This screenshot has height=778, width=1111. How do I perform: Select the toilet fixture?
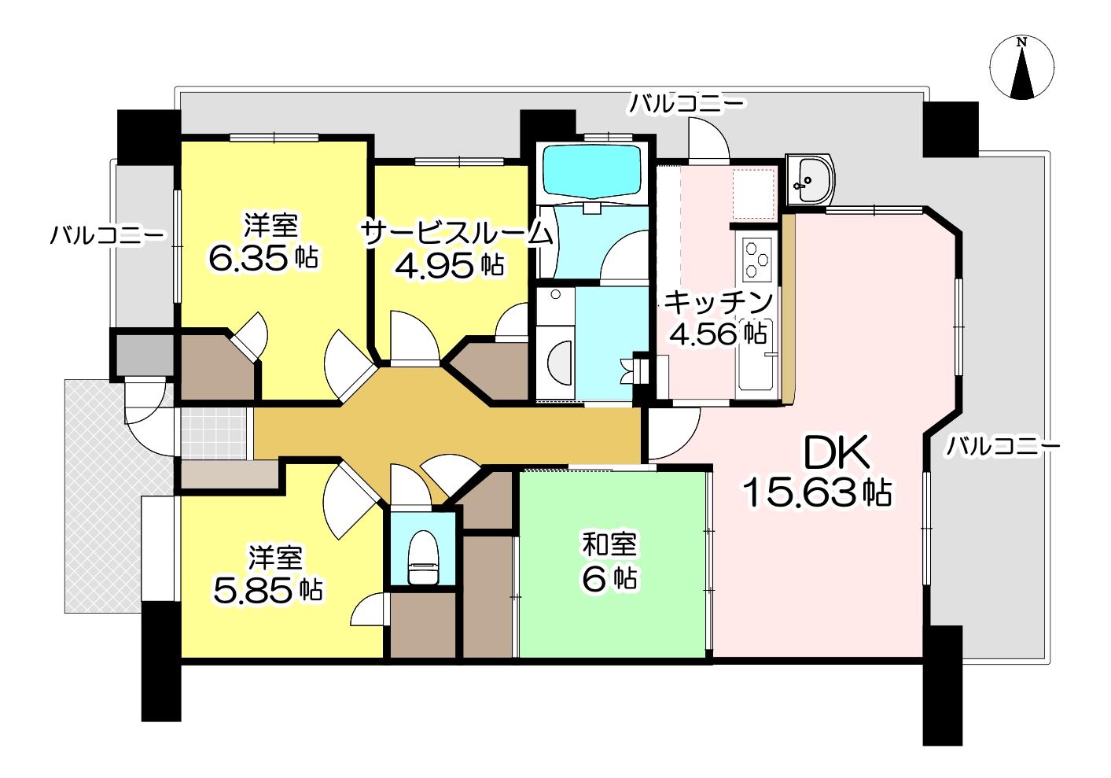(422, 557)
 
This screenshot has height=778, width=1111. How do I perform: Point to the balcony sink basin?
(809, 179)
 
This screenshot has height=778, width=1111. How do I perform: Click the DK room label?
(837, 452)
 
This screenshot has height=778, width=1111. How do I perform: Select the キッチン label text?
(717, 303)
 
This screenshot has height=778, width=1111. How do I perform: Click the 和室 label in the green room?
(609, 544)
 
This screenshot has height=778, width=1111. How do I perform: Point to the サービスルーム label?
(457, 233)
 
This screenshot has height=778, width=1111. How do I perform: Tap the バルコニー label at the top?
(687, 104)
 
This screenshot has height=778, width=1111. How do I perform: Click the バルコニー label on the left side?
(107, 234)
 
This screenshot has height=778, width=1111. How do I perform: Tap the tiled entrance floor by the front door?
(213, 433)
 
